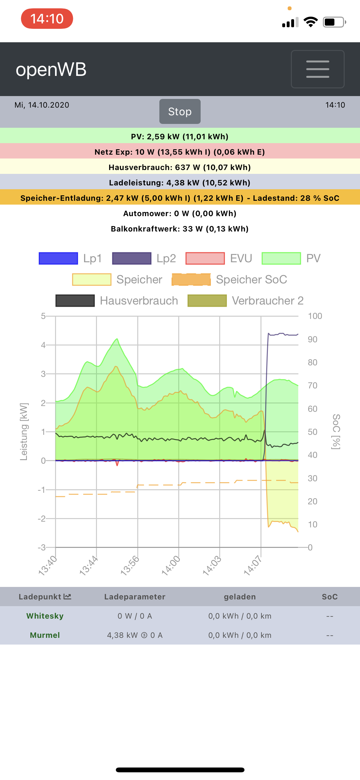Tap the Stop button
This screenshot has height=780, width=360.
[x=180, y=111]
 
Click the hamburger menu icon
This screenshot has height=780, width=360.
[x=317, y=69]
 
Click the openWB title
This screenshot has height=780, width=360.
[x=51, y=69]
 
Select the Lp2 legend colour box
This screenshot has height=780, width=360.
[x=132, y=258]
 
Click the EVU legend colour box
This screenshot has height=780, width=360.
[x=205, y=258]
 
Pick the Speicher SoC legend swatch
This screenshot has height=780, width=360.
[x=191, y=280]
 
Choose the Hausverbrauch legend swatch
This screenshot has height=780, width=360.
[x=75, y=301]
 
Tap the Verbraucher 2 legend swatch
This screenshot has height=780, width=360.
[x=207, y=301]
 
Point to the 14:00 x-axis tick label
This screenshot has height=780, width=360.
[x=171, y=566]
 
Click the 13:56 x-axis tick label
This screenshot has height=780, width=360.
[x=130, y=566]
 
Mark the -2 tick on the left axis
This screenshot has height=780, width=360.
[x=42, y=519]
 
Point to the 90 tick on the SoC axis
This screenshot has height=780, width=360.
[x=312, y=339]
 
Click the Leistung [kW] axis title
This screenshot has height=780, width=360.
[x=24, y=432]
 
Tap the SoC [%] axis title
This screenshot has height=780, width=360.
[x=336, y=432]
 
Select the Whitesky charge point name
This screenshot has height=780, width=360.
[x=45, y=616]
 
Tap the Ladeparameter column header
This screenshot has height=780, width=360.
[x=135, y=597]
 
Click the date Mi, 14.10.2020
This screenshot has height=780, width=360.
[x=42, y=105]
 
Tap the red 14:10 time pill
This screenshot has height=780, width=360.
[x=47, y=19]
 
